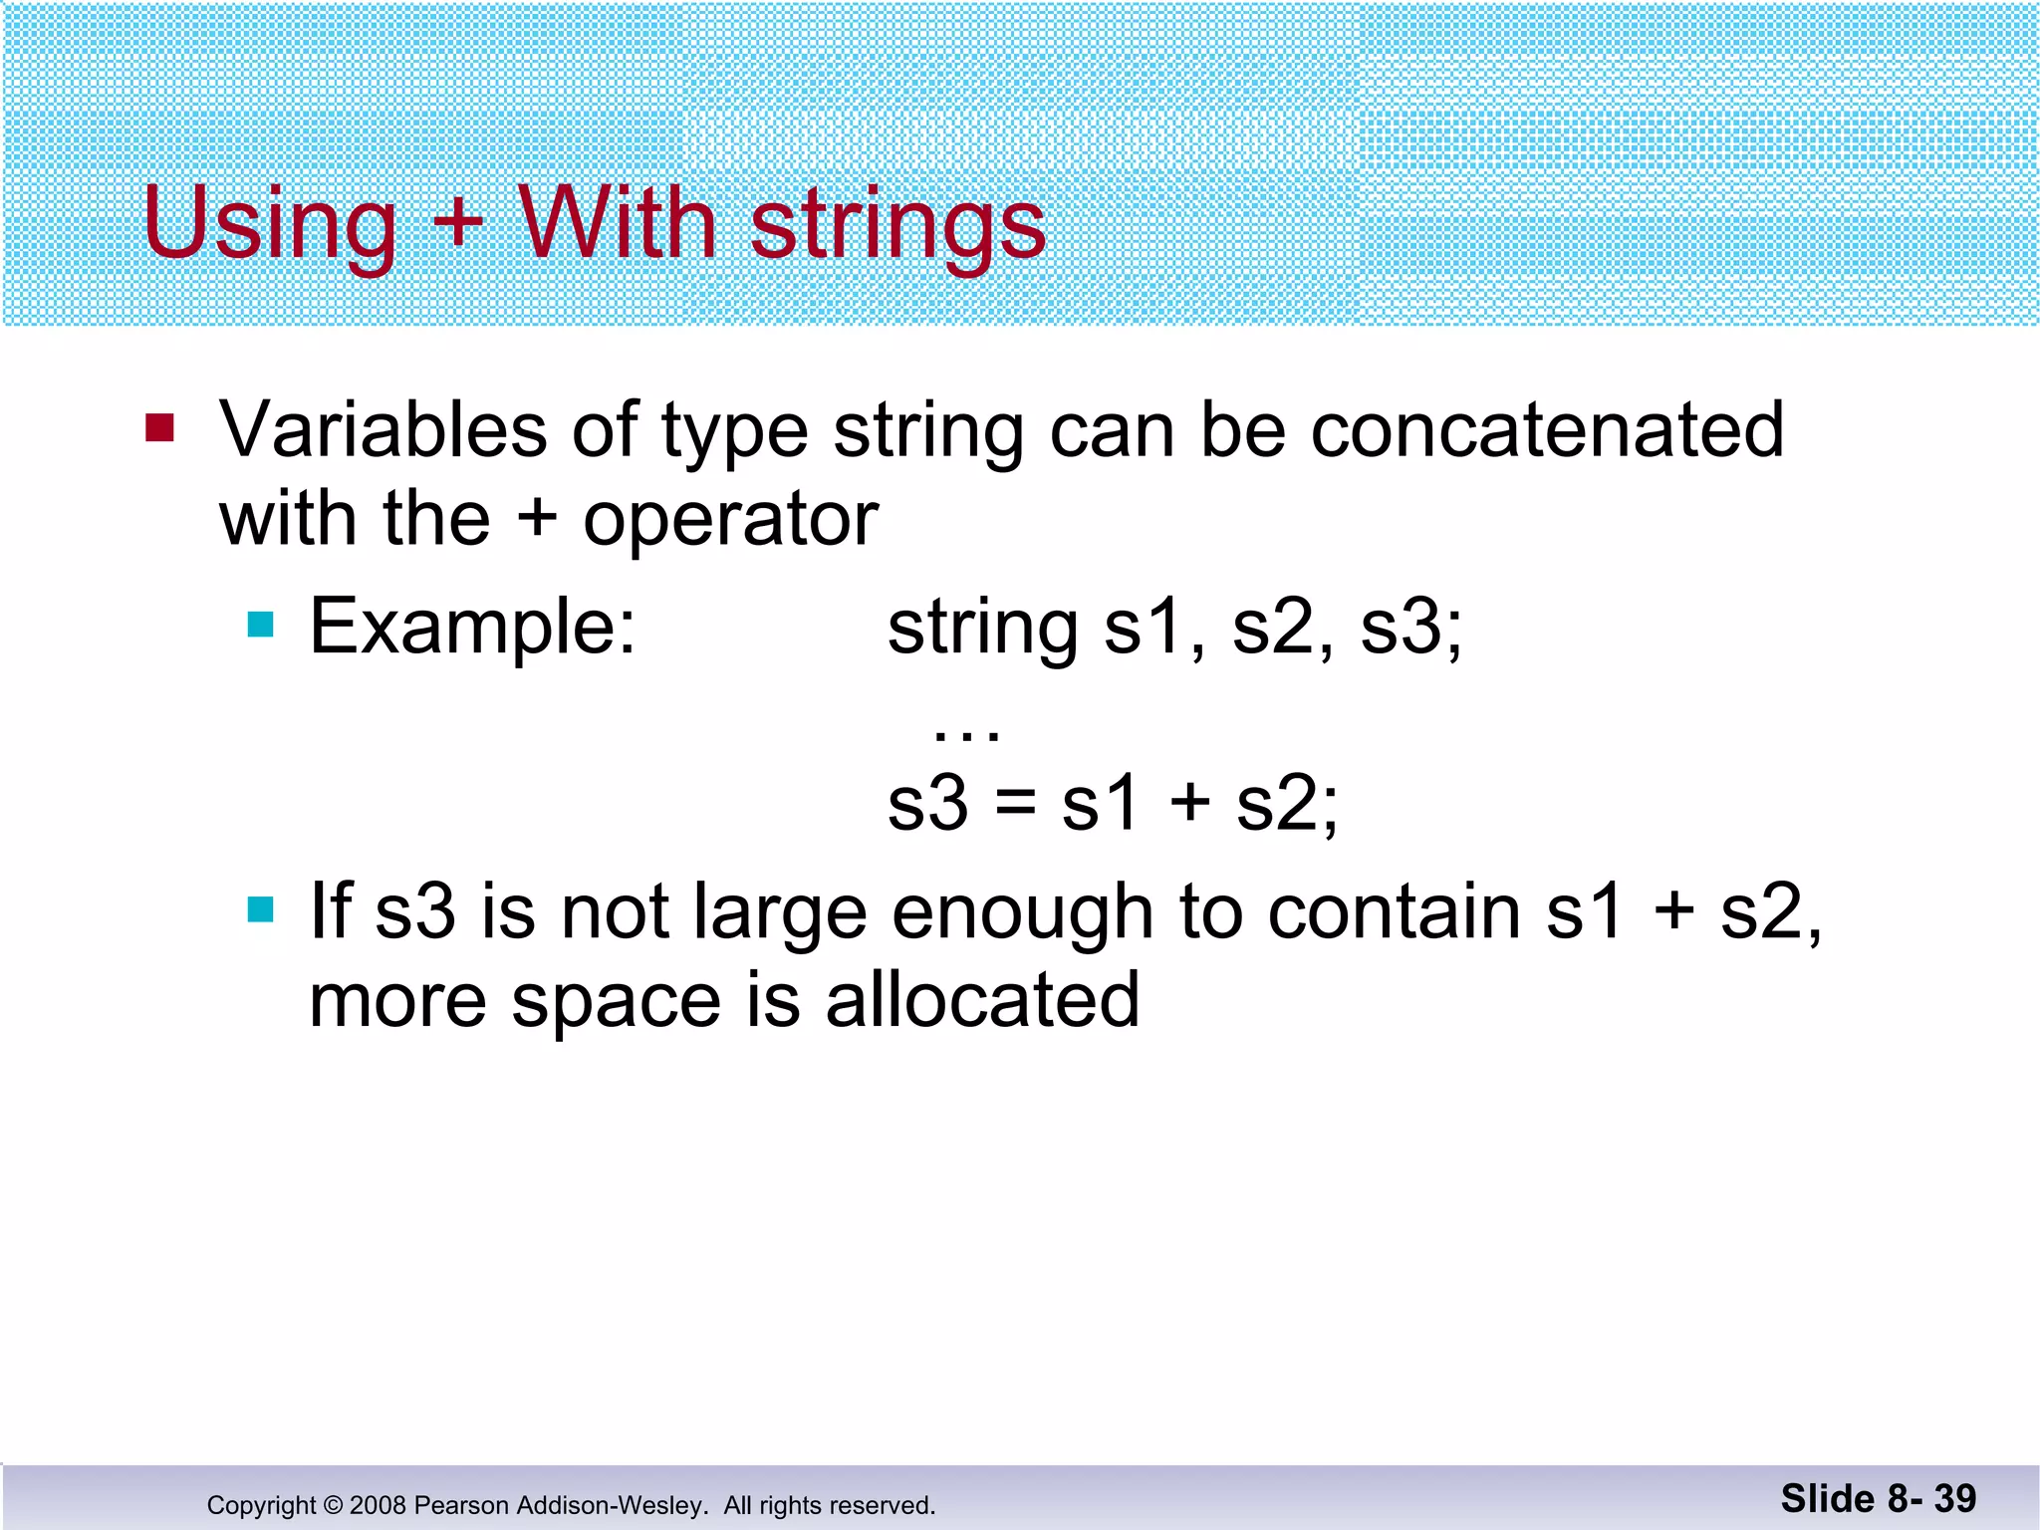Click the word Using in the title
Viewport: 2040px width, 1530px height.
(269, 224)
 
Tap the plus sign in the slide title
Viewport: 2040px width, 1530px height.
(457, 222)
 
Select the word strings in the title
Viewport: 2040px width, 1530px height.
(897, 224)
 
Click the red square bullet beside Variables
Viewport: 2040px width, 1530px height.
(159, 428)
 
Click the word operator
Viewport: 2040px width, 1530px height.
(730, 520)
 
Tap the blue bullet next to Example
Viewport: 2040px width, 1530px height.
(260, 625)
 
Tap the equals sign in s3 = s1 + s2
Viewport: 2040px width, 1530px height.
(1014, 802)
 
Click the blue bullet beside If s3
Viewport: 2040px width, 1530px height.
(260, 909)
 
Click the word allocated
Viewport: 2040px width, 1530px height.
(982, 999)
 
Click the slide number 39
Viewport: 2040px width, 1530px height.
(1954, 1498)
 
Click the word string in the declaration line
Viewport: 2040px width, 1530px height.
(982, 629)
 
